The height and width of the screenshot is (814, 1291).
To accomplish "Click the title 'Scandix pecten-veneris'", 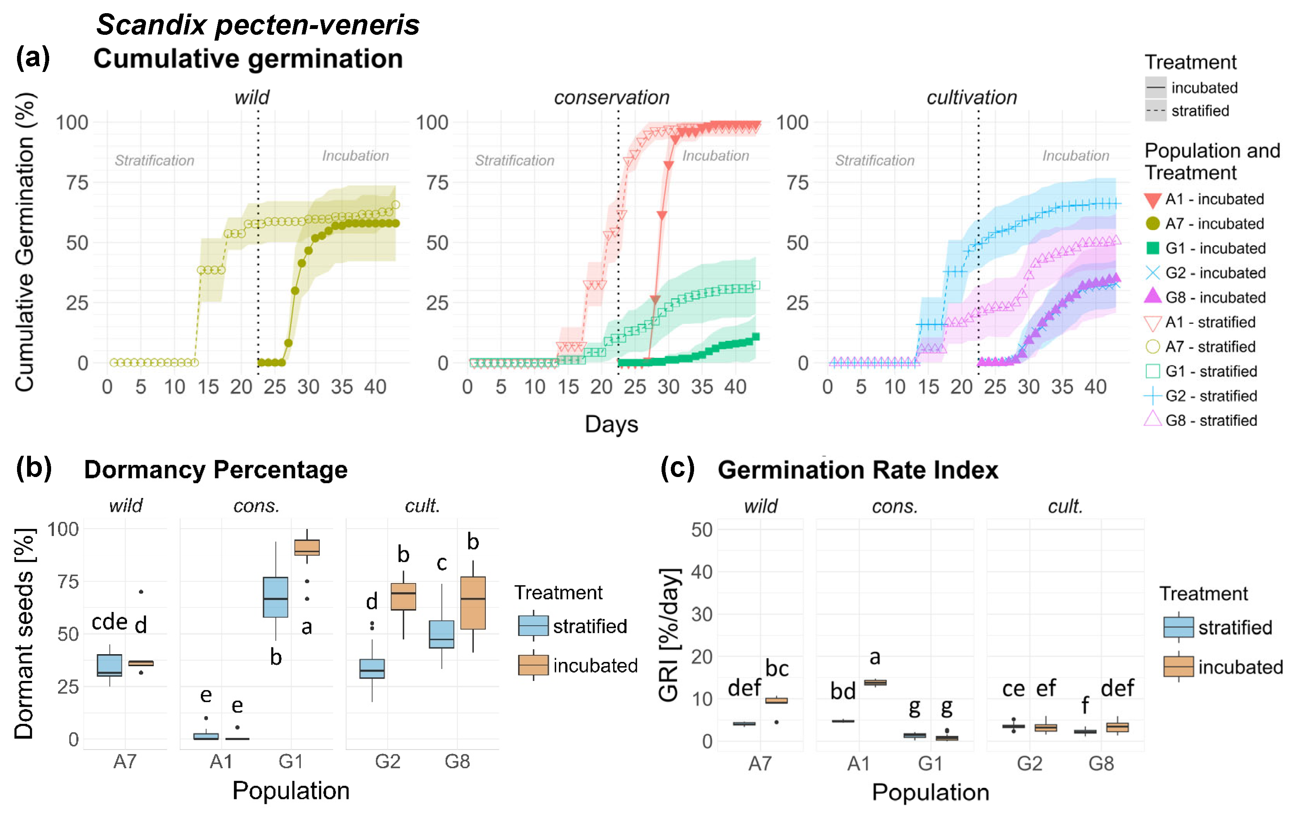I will [x=257, y=25].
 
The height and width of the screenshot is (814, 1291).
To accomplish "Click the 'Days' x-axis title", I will [x=611, y=424].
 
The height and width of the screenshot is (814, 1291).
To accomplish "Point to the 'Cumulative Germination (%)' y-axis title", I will [x=25, y=242].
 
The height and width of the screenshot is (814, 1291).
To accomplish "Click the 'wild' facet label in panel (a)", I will [x=252, y=97].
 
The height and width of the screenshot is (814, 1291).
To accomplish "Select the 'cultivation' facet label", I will [x=972, y=97].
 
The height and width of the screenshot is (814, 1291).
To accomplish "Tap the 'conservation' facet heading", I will [x=611, y=97].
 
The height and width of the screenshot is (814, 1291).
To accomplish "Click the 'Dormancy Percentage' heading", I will [x=216, y=470].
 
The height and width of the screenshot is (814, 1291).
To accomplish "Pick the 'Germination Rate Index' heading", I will [x=858, y=470].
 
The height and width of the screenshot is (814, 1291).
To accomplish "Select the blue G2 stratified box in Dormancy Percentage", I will [x=372, y=669].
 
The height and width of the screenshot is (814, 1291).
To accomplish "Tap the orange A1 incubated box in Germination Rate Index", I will [x=875, y=682].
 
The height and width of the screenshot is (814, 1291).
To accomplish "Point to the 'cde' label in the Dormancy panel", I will [x=110, y=622].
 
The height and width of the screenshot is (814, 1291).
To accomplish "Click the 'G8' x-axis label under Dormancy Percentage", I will [x=457, y=761].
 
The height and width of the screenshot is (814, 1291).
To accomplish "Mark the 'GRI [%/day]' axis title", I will [x=669, y=634].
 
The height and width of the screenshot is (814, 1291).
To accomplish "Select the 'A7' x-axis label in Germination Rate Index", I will [x=760, y=763].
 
